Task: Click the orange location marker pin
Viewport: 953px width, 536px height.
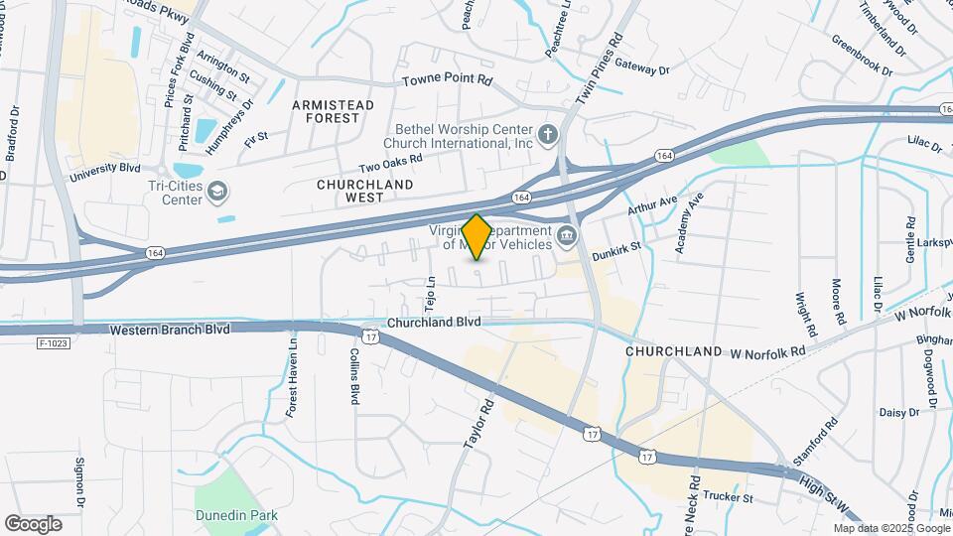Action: [x=476, y=236]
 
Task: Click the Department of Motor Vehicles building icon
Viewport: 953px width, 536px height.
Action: [x=567, y=235]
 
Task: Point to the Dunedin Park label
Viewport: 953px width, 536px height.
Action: [x=251, y=515]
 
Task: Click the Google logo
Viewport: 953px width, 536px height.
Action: [x=33, y=523]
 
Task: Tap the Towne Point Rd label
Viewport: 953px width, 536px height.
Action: [x=447, y=79]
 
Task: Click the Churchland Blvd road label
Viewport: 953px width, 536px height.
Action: [x=434, y=323]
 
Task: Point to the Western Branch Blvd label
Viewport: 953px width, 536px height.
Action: [x=170, y=329]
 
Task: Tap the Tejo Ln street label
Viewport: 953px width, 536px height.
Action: [x=431, y=293]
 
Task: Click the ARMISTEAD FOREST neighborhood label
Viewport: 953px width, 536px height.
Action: [x=333, y=111]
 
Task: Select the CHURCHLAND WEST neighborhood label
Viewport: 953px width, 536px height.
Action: [x=350, y=191]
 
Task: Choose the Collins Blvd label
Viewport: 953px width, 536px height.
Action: [x=353, y=376]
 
